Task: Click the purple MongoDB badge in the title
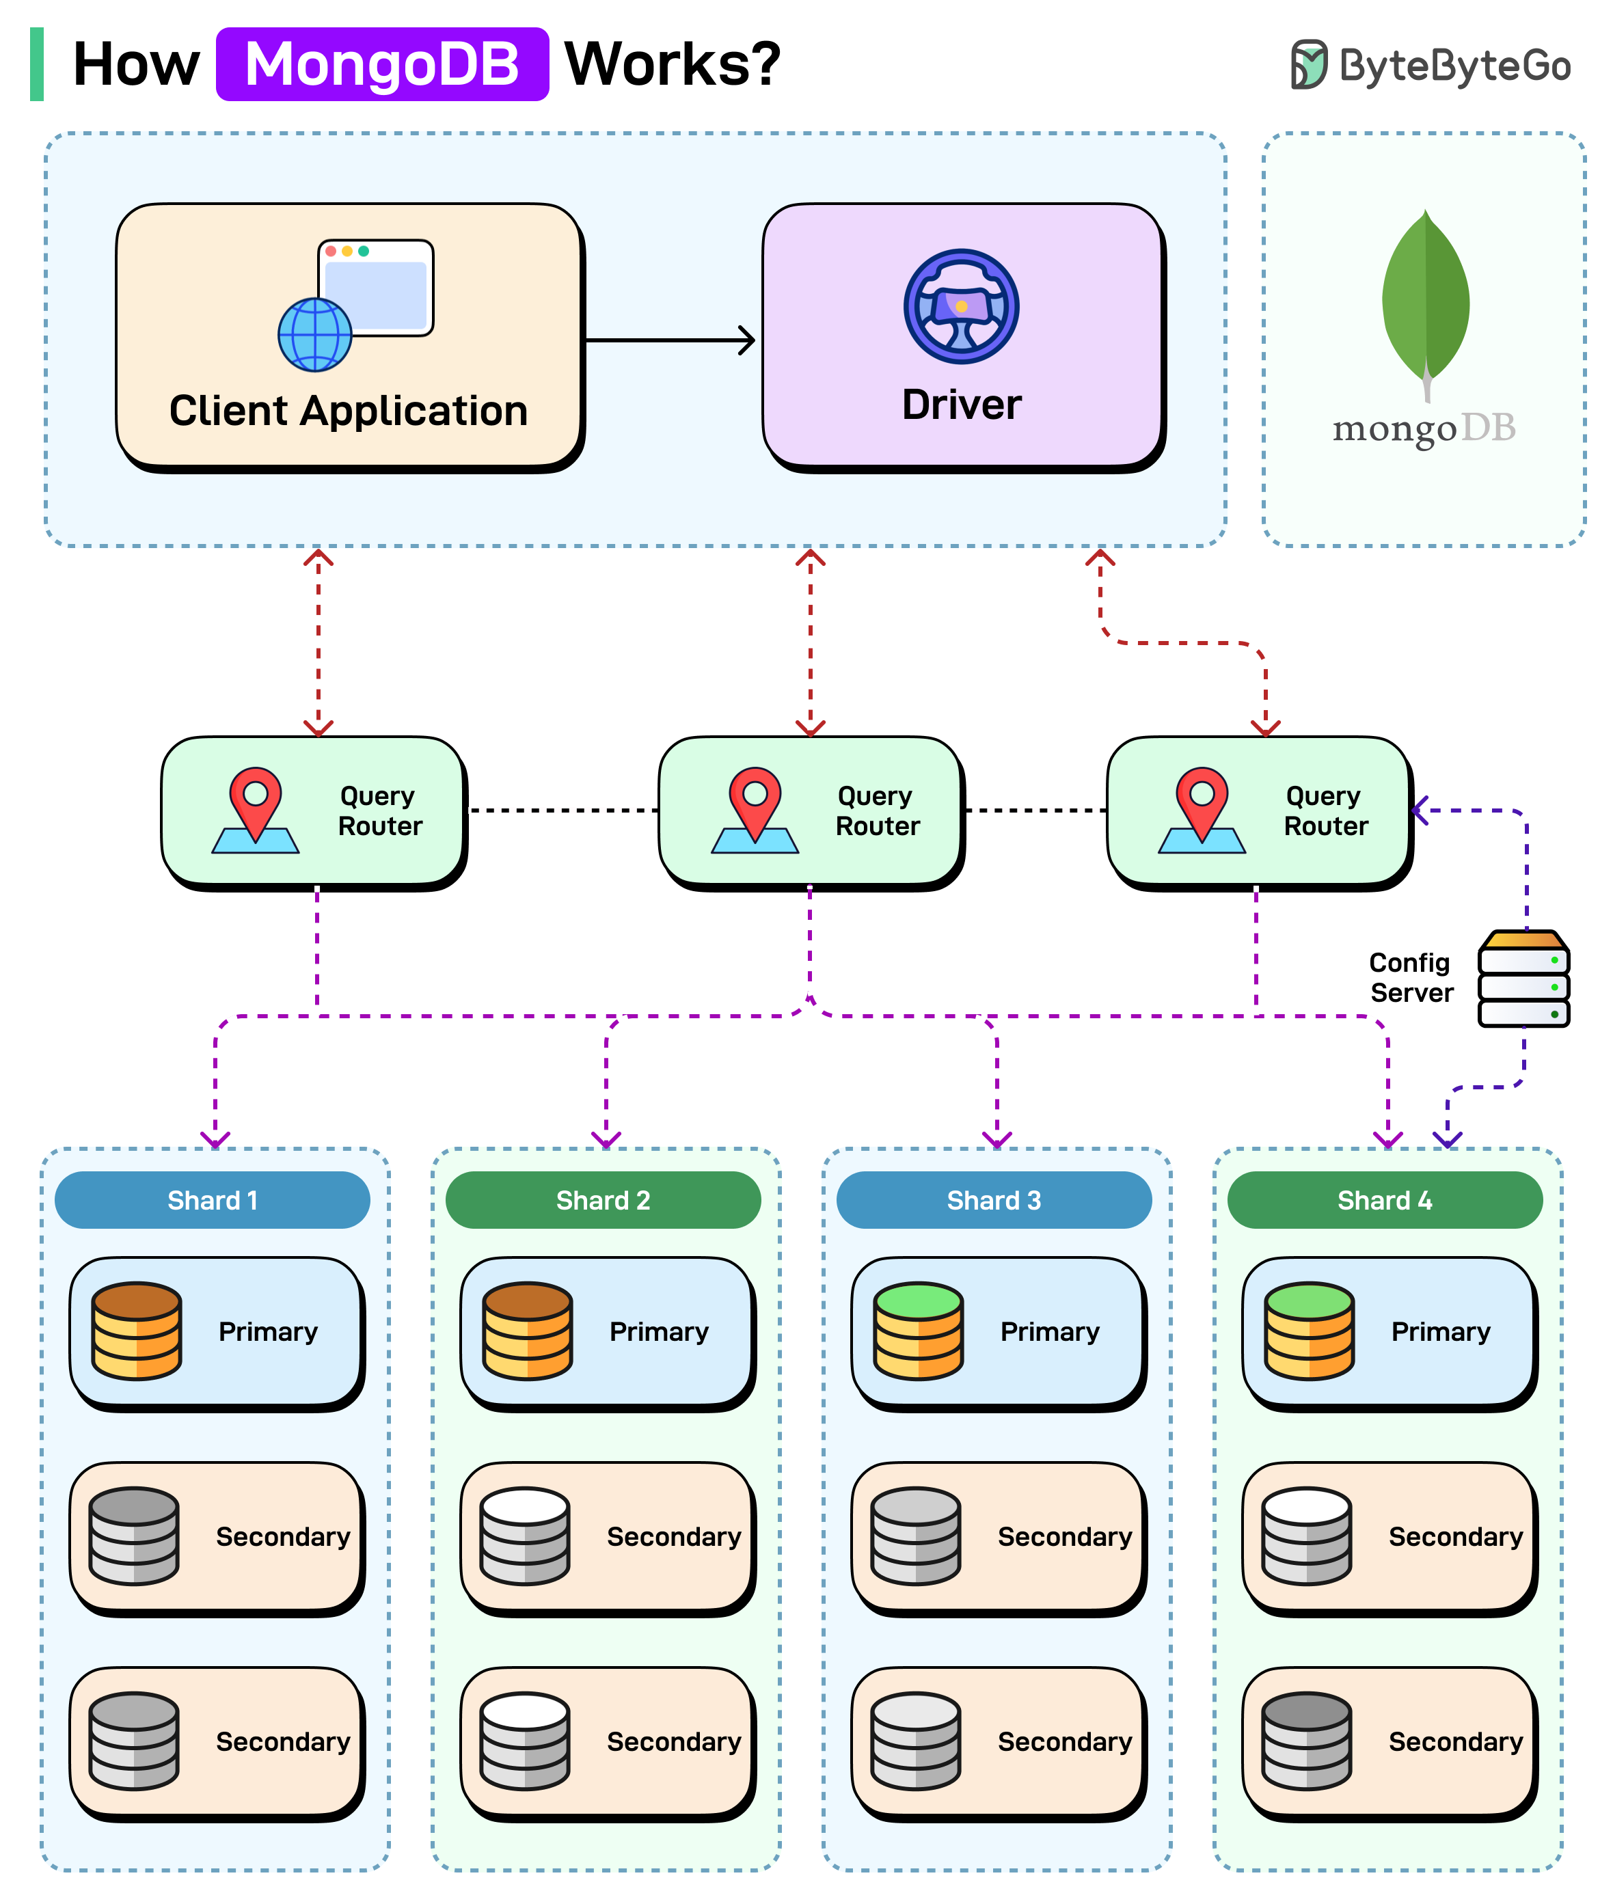[382, 64]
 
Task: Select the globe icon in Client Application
[315, 334]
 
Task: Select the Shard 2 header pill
[603, 1199]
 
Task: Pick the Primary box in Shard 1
[217, 1331]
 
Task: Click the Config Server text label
[1410, 977]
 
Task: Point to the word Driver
[962, 405]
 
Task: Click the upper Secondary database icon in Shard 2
[526, 1536]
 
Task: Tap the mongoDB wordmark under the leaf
[1423, 428]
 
